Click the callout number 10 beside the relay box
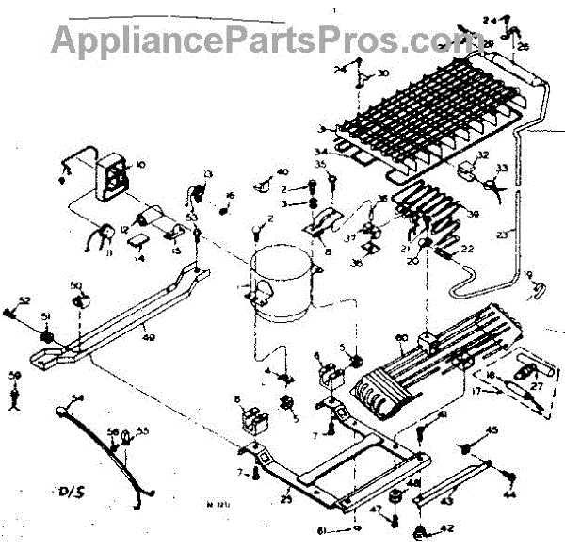141,165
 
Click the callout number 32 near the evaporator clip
483,157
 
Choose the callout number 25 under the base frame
285,498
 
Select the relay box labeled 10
114,176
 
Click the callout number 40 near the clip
282,171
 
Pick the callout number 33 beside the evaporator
502,169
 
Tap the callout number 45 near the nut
491,431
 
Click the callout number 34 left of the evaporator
321,150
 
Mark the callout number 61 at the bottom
325,533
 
